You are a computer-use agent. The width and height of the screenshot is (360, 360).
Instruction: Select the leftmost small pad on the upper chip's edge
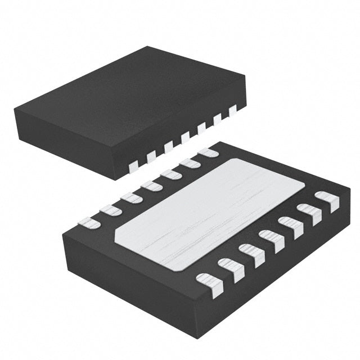point(133,165)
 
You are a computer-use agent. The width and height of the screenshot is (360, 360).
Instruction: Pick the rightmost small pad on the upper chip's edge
point(232,111)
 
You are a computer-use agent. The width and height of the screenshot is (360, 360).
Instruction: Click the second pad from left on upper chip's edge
point(151,156)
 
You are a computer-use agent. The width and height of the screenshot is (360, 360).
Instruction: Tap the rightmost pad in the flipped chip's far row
point(209,152)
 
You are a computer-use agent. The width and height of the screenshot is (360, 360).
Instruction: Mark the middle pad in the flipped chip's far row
point(151,185)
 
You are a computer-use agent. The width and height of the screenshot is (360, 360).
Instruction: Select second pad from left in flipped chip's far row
point(110,210)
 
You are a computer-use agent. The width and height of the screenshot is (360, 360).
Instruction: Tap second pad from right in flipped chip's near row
point(309,213)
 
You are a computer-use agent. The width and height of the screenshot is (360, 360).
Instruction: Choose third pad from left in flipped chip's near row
point(249,254)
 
